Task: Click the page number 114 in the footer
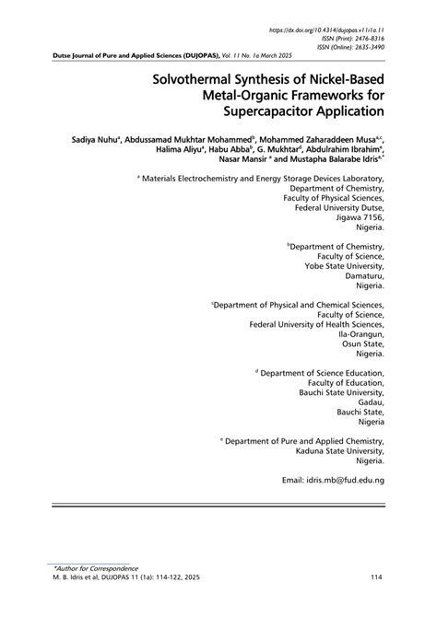[x=376, y=577]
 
